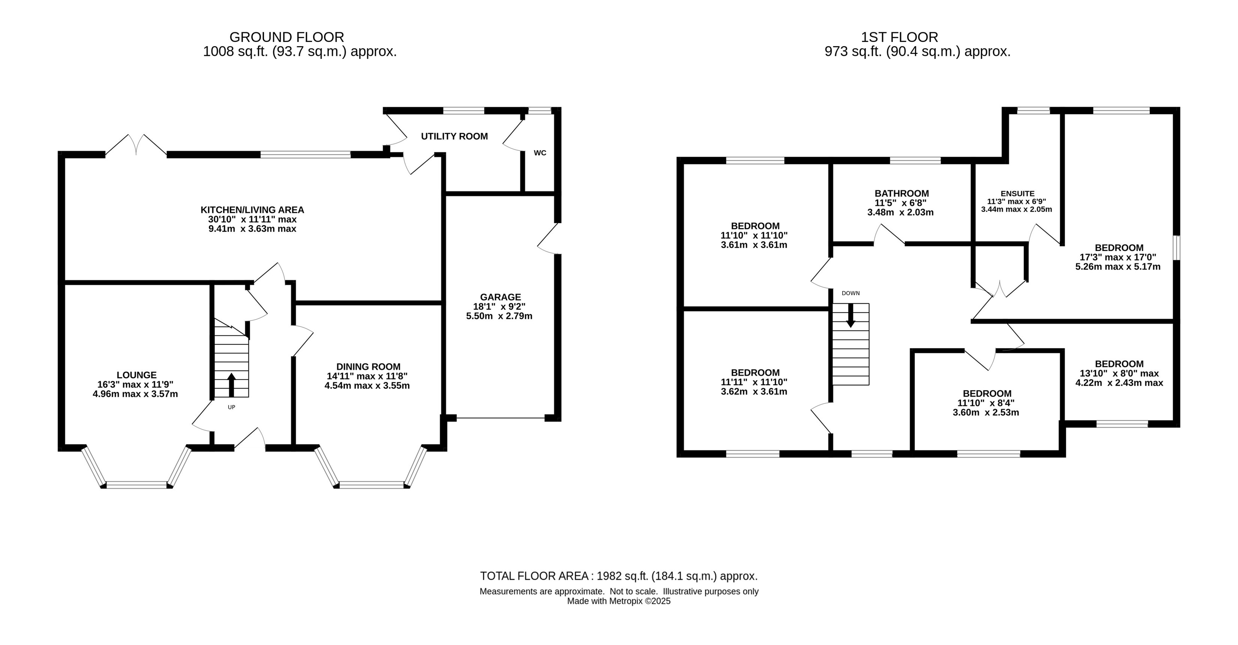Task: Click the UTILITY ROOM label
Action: point(454,136)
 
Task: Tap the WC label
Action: point(540,153)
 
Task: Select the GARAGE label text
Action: point(500,297)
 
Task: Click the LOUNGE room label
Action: point(137,375)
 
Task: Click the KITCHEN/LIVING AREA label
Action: point(252,210)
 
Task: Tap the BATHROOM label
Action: point(901,193)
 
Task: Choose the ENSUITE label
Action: point(1017,193)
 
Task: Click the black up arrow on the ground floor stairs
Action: point(231,385)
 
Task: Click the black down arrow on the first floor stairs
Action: point(850,316)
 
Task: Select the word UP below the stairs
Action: point(231,407)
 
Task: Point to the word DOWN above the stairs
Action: point(850,293)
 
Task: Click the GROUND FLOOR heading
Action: point(287,37)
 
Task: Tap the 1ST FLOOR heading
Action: point(899,37)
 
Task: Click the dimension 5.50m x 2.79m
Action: point(499,316)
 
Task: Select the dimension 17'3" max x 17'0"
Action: point(1118,257)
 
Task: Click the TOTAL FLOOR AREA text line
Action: point(619,576)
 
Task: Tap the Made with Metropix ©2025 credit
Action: point(619,601)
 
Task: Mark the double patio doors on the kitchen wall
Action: point(137,144)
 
